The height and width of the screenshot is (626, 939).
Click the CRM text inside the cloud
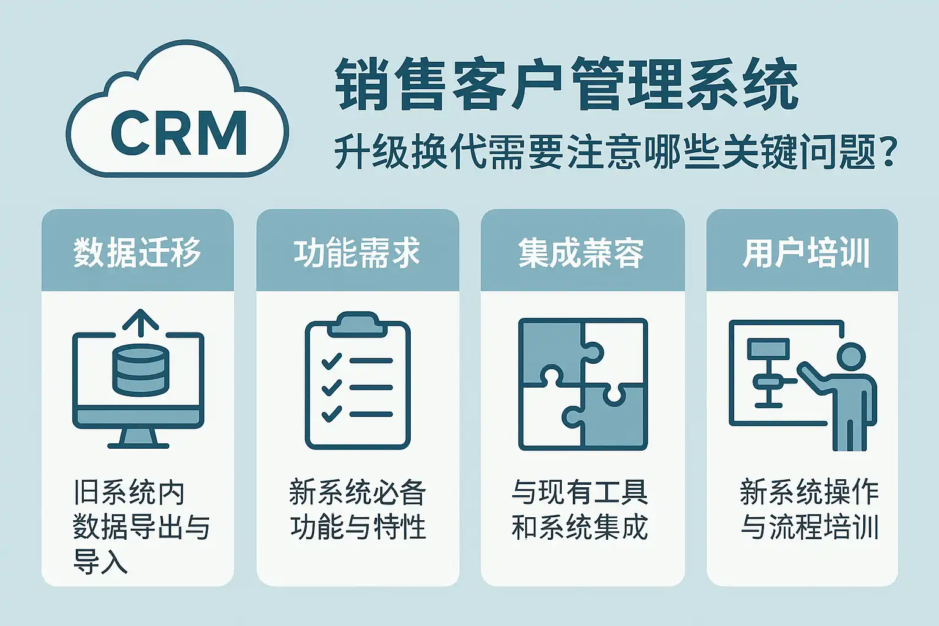(x=179, y=133)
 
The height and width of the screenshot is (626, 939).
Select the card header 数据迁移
(x=138, y=252)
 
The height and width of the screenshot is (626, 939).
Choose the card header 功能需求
(x=357, y=252)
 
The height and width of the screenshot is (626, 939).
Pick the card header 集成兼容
(x=581, y=252)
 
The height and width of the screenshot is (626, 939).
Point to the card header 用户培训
(x=806, y=252)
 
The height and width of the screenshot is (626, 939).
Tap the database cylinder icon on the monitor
(x=140, y=369)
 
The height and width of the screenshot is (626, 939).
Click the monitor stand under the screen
(x=138, y=436)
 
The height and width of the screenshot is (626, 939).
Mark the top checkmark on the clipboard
(x=331, y=361)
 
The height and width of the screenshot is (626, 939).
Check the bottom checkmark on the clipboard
(x=331, y=414)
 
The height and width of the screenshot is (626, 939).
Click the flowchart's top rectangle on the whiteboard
(x=768, y=349)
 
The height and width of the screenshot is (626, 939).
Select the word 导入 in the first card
(x=100, y=561)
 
